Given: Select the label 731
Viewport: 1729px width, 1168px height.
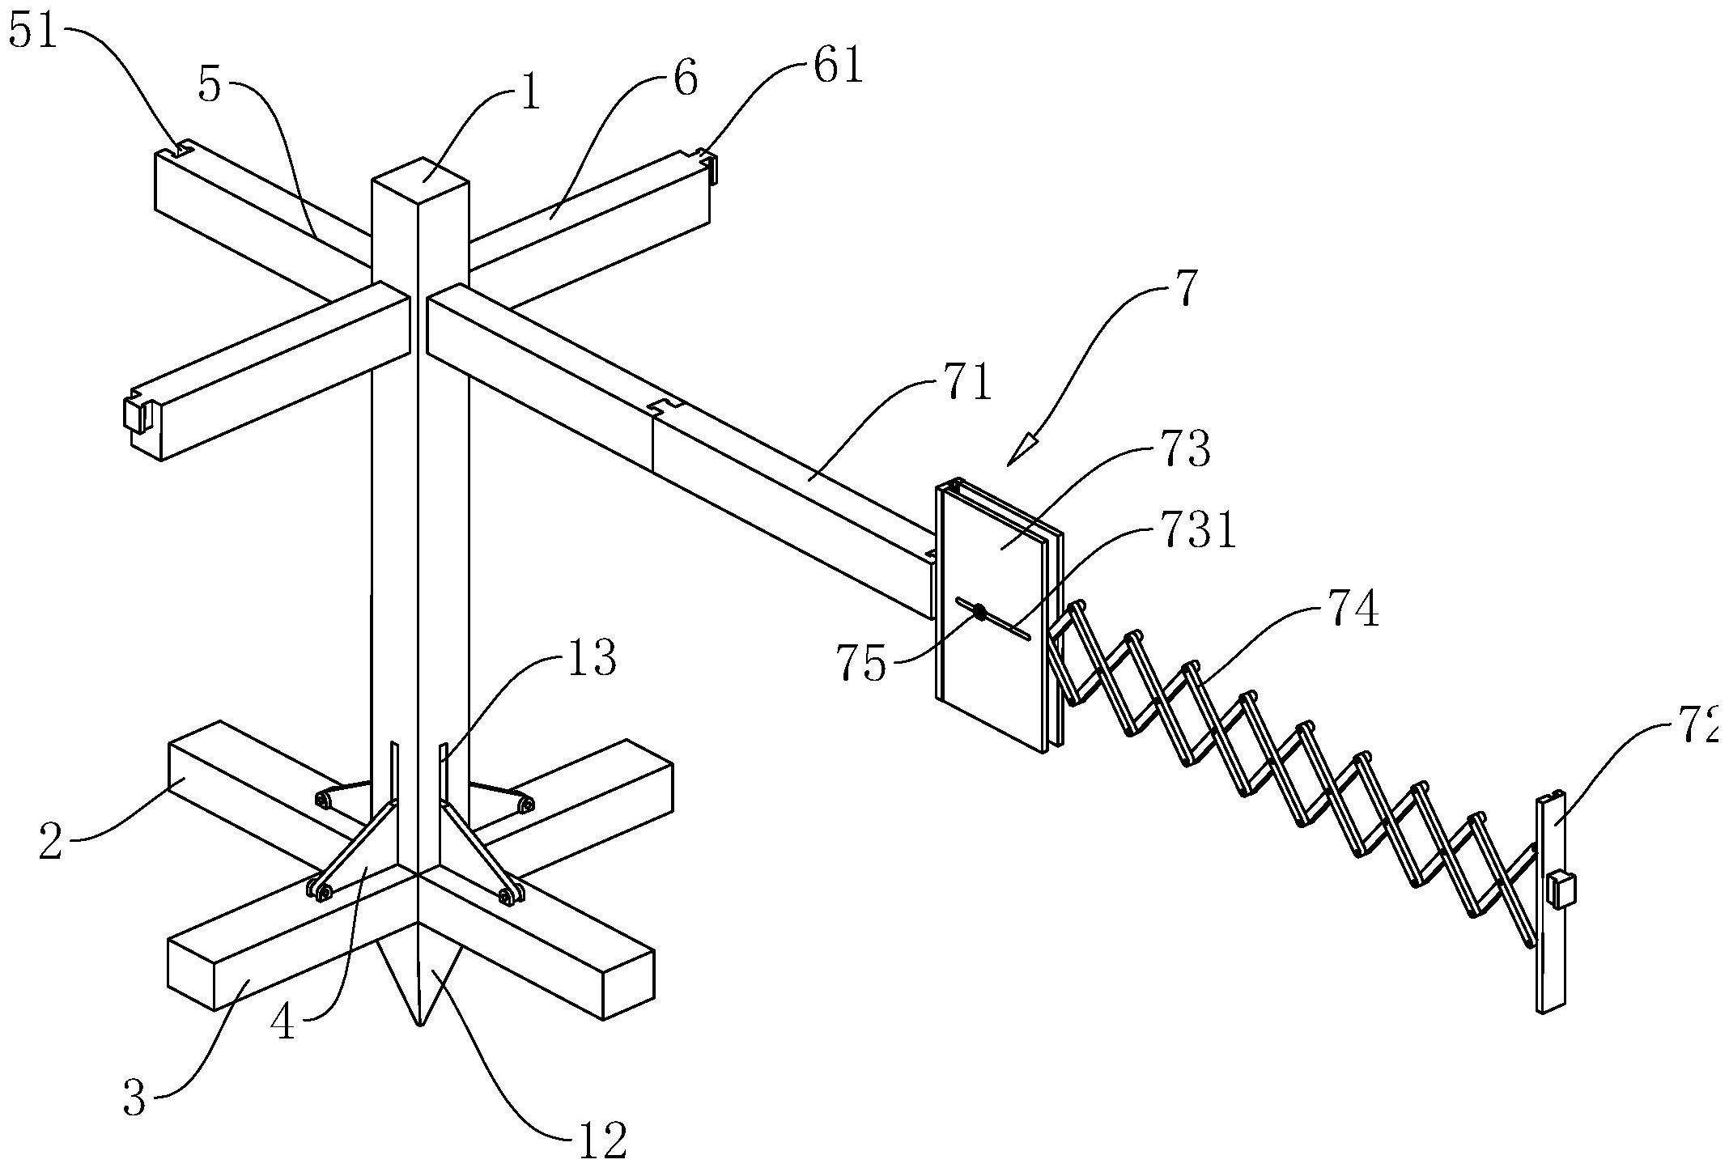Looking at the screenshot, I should coord(1193,535).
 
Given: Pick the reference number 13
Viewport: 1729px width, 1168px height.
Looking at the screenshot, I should coord(591,659).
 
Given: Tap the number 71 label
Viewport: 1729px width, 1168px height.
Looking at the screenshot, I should coord(966,384).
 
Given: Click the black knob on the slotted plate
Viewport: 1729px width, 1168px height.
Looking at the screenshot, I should coord(979,613).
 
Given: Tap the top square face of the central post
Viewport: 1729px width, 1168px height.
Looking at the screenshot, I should coord(420,177).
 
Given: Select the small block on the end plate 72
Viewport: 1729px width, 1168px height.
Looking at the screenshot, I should coord(1559,890).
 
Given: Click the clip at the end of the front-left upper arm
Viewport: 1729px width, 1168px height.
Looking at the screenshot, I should coord(136,414).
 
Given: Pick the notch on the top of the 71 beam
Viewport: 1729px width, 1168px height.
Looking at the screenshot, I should coord(669,405).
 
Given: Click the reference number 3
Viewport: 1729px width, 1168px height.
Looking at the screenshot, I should coord(134,1100).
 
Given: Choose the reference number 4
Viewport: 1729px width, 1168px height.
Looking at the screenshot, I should coord(283,1023).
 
